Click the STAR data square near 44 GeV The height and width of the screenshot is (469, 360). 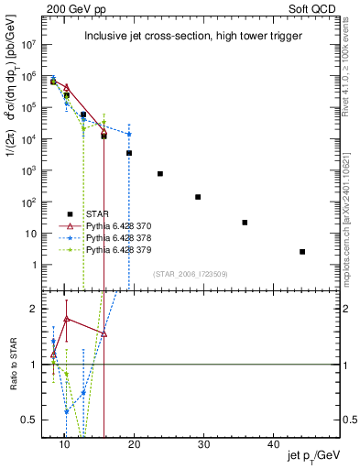pos(302,251)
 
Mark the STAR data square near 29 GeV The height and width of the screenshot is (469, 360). pos(198,197)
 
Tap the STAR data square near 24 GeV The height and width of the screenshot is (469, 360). pos(160,173)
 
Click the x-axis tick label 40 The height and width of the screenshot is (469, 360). pos(274,444)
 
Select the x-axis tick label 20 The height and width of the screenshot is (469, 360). pos(134,444)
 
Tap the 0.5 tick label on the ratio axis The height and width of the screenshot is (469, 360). pos(31,420)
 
